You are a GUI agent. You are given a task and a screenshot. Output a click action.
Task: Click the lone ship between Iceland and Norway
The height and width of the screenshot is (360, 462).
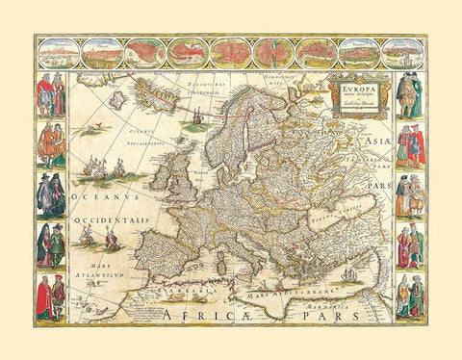pyautogui.click(x=197, y=123)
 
